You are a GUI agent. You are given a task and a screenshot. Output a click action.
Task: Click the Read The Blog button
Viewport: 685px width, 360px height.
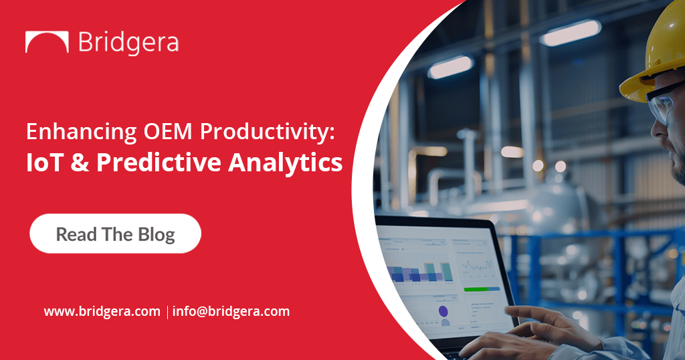[x=115, y=234]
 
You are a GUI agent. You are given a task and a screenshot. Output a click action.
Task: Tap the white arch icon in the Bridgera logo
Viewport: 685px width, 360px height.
[x=47, y=42]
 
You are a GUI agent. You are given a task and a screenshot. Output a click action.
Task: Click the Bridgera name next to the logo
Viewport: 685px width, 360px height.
[x=128, y=42]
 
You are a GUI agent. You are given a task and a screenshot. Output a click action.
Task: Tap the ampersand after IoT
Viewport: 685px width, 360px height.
[x=76, y=164]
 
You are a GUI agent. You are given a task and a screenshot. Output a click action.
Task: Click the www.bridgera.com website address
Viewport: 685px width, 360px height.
[x=102, y=311]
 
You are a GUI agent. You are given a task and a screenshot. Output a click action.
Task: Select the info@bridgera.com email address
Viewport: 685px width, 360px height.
[x=231, y=311]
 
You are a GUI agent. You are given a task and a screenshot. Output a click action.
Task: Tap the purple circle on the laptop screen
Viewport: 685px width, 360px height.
[x=444, y=311]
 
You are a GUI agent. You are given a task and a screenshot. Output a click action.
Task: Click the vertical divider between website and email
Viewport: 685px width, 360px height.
[x=167, y=312]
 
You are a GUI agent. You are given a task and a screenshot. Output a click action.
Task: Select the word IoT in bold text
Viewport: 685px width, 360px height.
[x=45, y=164]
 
